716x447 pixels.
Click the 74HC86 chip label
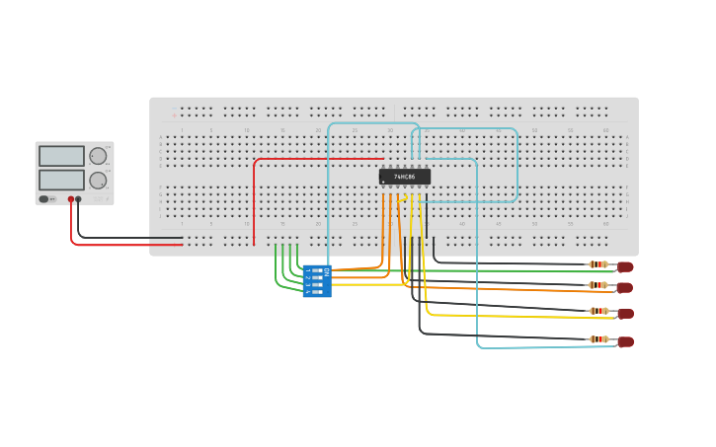405,177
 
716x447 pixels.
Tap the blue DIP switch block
317,281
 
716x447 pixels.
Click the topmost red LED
625,266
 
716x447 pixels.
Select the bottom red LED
625,341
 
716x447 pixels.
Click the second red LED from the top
624,287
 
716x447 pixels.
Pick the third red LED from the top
625,313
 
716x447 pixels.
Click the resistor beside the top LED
598,264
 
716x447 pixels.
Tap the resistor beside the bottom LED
598,339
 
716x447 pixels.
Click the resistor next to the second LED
598,285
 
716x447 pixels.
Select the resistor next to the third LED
598,311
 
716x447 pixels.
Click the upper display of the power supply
61,156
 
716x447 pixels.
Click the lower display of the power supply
61,180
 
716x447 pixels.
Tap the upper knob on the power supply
98,156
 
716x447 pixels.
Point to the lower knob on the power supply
98,181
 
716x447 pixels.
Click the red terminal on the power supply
71,199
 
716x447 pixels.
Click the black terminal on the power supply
79,199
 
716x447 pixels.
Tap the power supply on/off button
44,199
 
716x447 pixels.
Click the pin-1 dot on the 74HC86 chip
384,182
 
